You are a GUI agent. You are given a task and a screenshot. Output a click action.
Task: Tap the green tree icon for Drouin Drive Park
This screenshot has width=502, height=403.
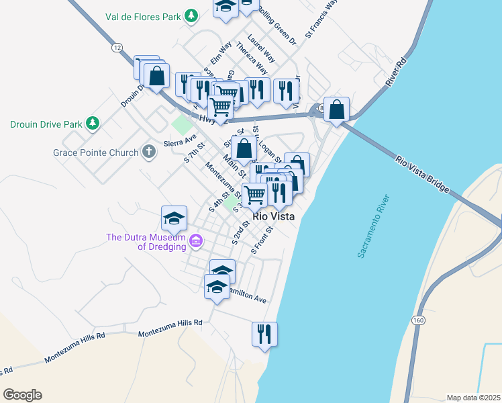pyautogui.click(x=93, y=123)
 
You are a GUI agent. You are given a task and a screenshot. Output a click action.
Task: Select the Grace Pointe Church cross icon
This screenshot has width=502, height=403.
pyautogui.click(x=148, y=152)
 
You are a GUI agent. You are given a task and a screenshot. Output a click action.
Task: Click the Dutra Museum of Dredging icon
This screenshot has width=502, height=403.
pyautogui.click(x=195, y=240)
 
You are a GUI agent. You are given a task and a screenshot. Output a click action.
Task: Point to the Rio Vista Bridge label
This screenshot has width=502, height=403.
pyautogui.click(x=421, y=175)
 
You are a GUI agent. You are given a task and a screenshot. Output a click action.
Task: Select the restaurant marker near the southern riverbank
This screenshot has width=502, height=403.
pyautogui.click(x=264, y=334)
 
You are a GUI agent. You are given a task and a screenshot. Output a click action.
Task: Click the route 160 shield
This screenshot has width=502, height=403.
pyautogui.click(x=419, y=320)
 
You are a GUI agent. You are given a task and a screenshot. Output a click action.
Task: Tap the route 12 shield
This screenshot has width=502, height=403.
pyautogui.click(x=117, y=47)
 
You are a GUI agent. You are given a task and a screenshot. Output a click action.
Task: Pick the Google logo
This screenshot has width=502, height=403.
pyautogui.click(x=22, y=395)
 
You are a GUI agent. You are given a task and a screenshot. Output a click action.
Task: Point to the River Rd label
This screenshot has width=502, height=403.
pyautogui.click(x=397, y=73)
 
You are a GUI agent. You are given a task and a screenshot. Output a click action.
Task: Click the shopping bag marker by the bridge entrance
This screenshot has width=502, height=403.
pyautogui.click(x=336, y=109)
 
